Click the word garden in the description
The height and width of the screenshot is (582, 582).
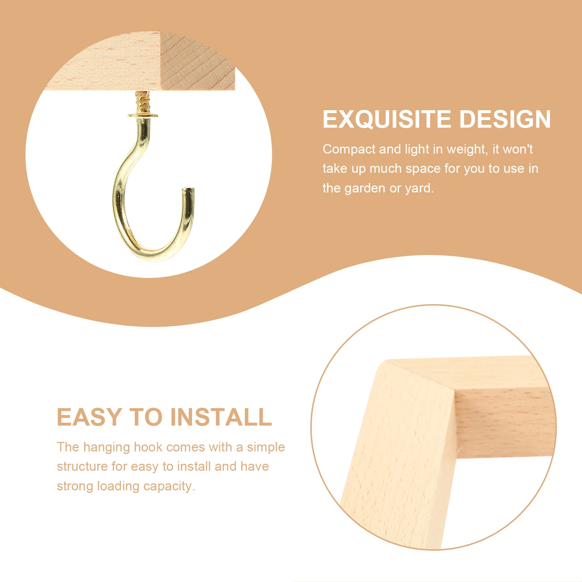pos(364,188)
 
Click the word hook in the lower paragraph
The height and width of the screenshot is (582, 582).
pos(148,447)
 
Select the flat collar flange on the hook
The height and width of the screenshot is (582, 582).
pos(143,116)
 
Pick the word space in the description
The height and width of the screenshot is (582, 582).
pos(423,169)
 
